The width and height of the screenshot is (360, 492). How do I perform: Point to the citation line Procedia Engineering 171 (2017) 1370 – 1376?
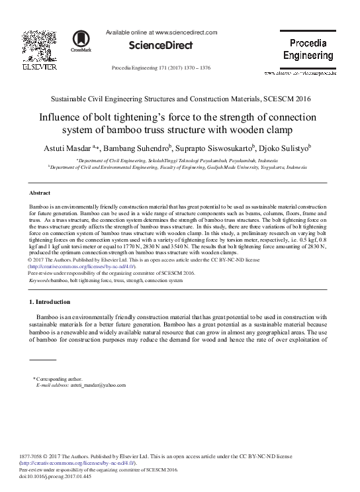[x=162, y=68]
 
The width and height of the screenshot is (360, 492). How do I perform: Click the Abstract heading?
[x=40, y=193]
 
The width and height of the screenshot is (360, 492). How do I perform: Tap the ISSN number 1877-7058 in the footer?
[x=32, y=457]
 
